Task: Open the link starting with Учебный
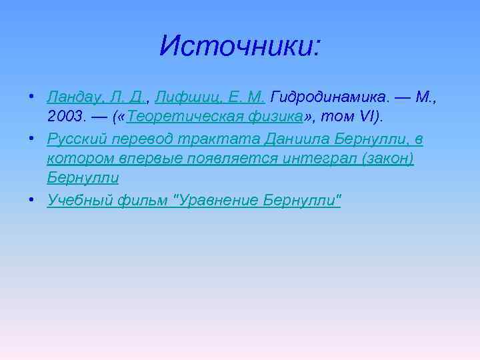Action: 76,199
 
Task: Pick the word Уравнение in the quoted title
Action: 216,199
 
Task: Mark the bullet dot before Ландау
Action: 32,98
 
